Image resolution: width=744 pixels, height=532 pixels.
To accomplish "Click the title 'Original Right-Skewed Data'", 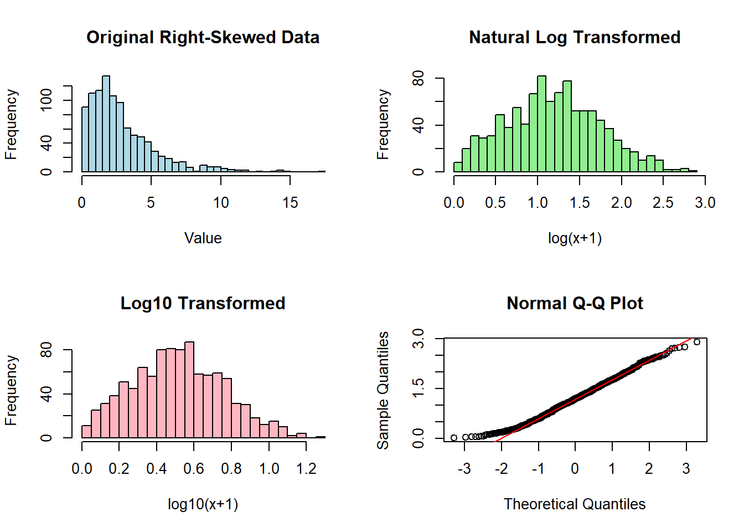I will point(203,37).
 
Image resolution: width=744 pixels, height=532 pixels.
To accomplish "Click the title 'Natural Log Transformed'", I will point(575,37).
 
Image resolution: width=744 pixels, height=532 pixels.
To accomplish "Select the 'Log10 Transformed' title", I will point(203,303).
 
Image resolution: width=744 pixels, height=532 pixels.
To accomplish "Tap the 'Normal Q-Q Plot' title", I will point(575,303).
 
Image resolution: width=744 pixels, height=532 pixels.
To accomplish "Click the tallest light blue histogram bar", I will point(106,125).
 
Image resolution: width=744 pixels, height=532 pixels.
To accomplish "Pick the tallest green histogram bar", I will point(541,125).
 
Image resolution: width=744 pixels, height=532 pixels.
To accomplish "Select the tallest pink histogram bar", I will point(189,391).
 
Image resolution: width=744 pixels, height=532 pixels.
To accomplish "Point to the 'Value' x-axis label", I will point(203,238).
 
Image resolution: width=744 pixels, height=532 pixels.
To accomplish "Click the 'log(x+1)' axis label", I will point(575,238).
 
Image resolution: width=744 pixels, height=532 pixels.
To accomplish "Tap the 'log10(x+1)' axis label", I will point(203,504).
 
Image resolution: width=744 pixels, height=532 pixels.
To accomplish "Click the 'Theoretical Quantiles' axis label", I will point(575,504).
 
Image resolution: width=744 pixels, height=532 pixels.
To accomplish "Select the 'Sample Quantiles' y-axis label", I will point(383,390).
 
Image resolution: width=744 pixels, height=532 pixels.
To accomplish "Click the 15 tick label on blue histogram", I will point(290,203).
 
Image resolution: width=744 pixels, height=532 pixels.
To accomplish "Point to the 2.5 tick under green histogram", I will point(663,203).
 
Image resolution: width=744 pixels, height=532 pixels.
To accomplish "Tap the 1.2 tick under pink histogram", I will point(306,469).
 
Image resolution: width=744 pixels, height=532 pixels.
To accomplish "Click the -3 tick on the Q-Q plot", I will point(464,469).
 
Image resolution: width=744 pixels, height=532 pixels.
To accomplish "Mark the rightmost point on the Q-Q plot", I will point(697,342).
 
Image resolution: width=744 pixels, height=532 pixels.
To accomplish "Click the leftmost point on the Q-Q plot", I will point(454,438).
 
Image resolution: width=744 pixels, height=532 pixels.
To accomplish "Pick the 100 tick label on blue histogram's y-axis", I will point(46,100).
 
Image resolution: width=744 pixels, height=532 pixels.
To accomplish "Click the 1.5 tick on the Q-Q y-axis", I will point(418,388).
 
